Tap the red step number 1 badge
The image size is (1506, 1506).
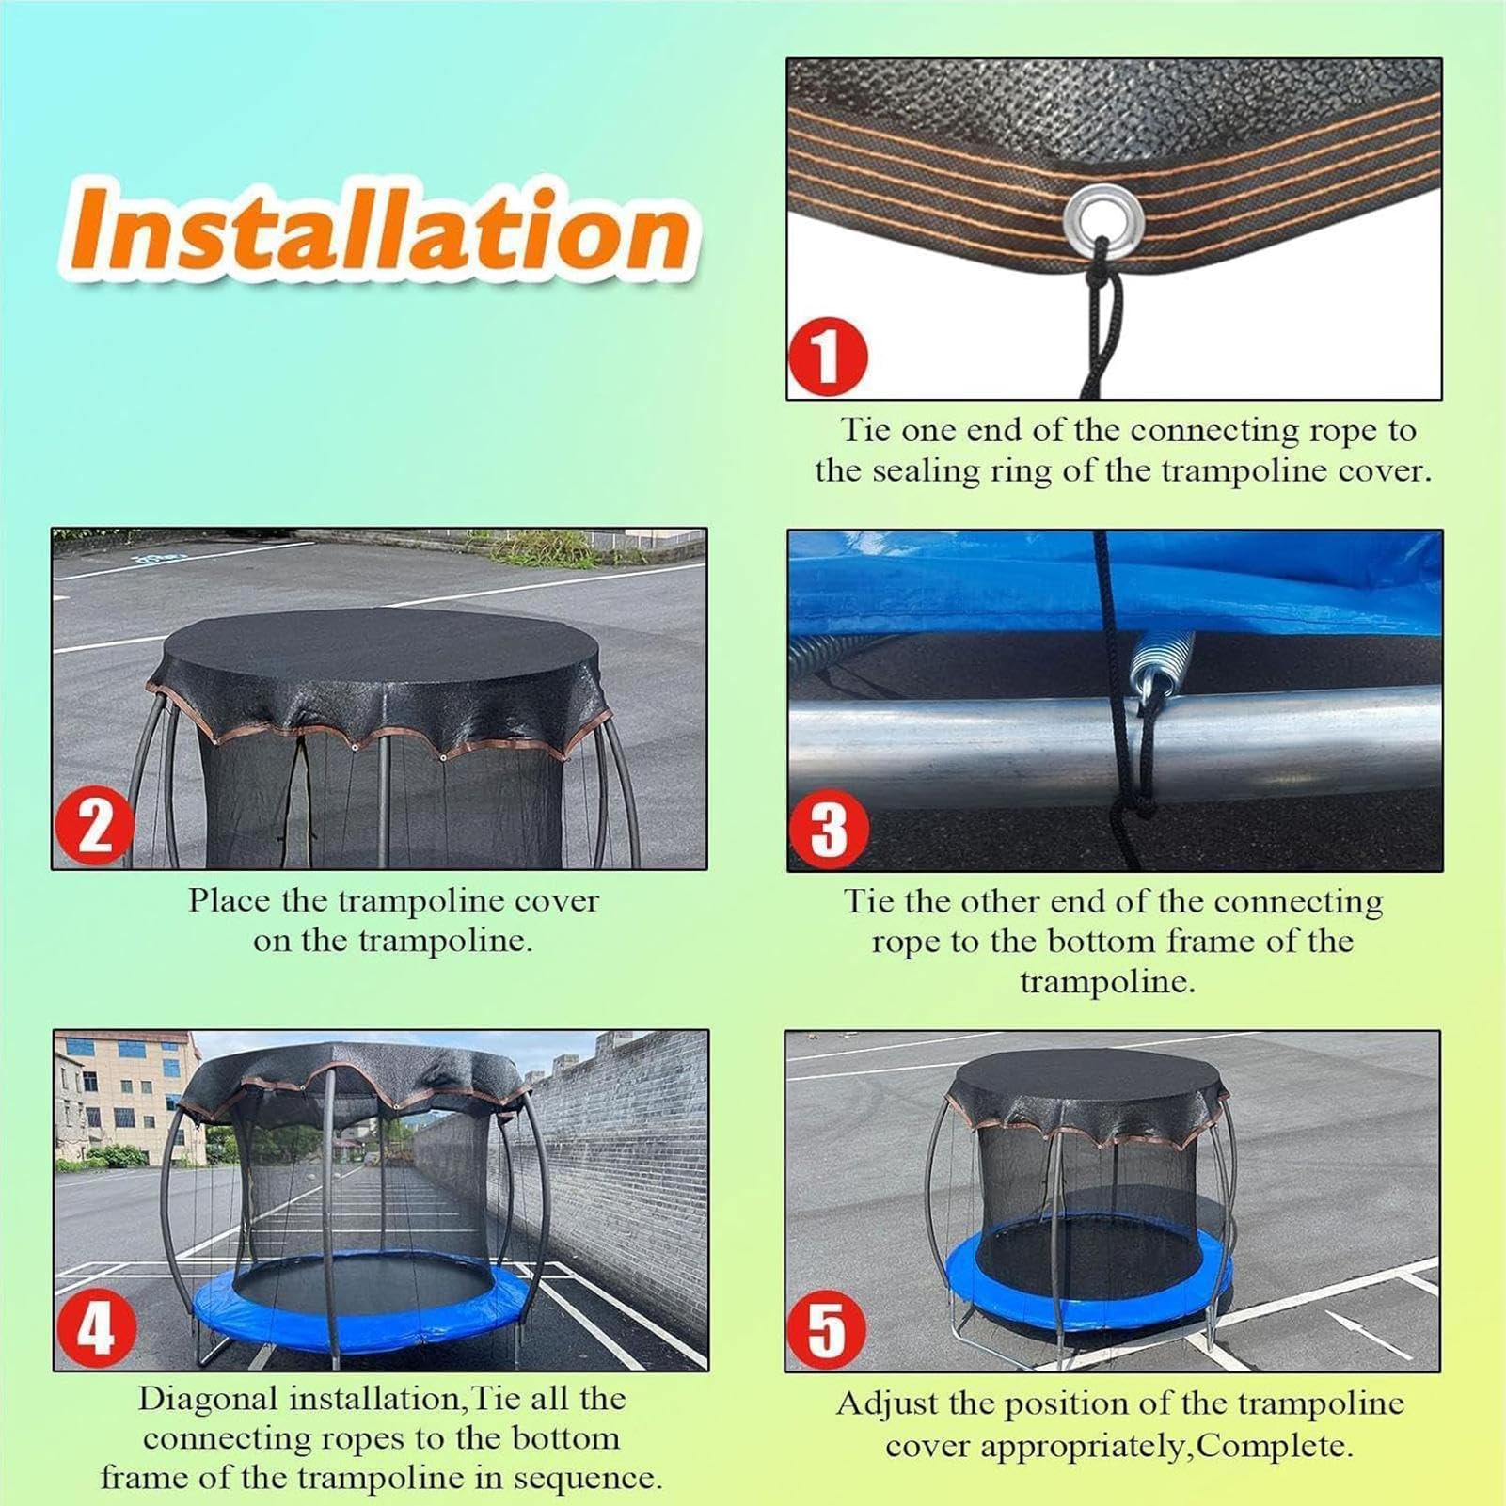(828, 357)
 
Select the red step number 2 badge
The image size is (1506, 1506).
(93, 826)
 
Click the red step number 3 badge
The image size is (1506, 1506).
(828, 829)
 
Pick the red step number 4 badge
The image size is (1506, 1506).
(95, 1327)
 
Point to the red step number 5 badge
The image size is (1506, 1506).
(827, 1329)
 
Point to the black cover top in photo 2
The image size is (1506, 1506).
(380, 658)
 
